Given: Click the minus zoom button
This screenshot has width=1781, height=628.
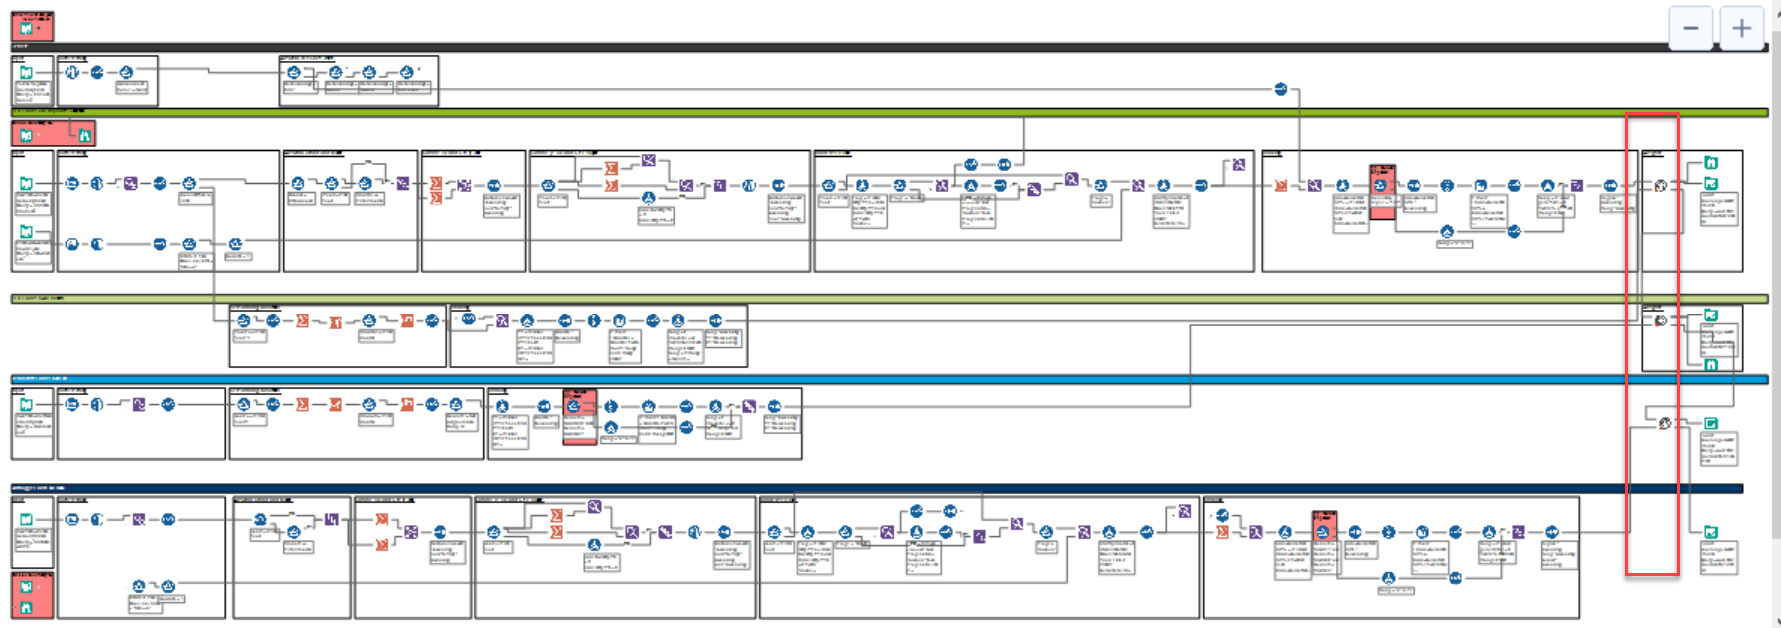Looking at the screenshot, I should coord(1691,28).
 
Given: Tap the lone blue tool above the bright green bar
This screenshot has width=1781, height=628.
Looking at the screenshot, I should coord(1281,89).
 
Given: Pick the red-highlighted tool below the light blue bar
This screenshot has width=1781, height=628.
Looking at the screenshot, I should coord(579,406).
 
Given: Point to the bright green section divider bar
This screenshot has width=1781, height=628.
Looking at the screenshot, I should coord(889,113).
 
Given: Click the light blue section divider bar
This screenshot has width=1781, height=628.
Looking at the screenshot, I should coord(889,379).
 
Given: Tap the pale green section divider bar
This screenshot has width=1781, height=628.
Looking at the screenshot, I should coord(889,299).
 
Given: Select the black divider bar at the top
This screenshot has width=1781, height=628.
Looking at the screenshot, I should coord(889,47).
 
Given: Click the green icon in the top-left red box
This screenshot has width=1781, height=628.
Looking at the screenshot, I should coord(27,28).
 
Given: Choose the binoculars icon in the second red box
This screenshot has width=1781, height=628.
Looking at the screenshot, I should coord(85,135).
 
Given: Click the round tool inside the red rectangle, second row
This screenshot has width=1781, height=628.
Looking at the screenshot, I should coord(1661,186).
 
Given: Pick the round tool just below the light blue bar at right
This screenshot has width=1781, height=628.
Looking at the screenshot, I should coord(1665,423).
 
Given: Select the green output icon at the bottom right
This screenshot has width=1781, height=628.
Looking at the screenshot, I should coord(1711,533).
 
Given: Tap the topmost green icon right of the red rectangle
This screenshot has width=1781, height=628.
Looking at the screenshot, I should coord(1711,163).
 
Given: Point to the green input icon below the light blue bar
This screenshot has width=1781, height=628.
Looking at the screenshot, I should coord(27,405).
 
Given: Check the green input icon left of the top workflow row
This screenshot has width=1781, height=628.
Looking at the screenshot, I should coord(27,73).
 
